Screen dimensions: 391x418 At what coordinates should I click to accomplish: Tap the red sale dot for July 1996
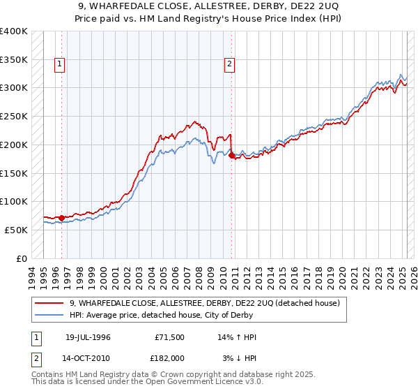click(x=61, y=218)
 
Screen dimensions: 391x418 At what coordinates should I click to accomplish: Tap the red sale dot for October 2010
click(x=232, y=155)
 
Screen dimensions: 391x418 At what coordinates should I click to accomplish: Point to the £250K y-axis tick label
click(x=14, y=116)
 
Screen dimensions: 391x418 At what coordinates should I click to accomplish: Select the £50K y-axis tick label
click(x=16, y=230)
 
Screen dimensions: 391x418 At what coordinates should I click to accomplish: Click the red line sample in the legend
click(x=49, y=303)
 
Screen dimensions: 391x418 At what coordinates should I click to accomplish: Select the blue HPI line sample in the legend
click(x=49, y=314)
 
